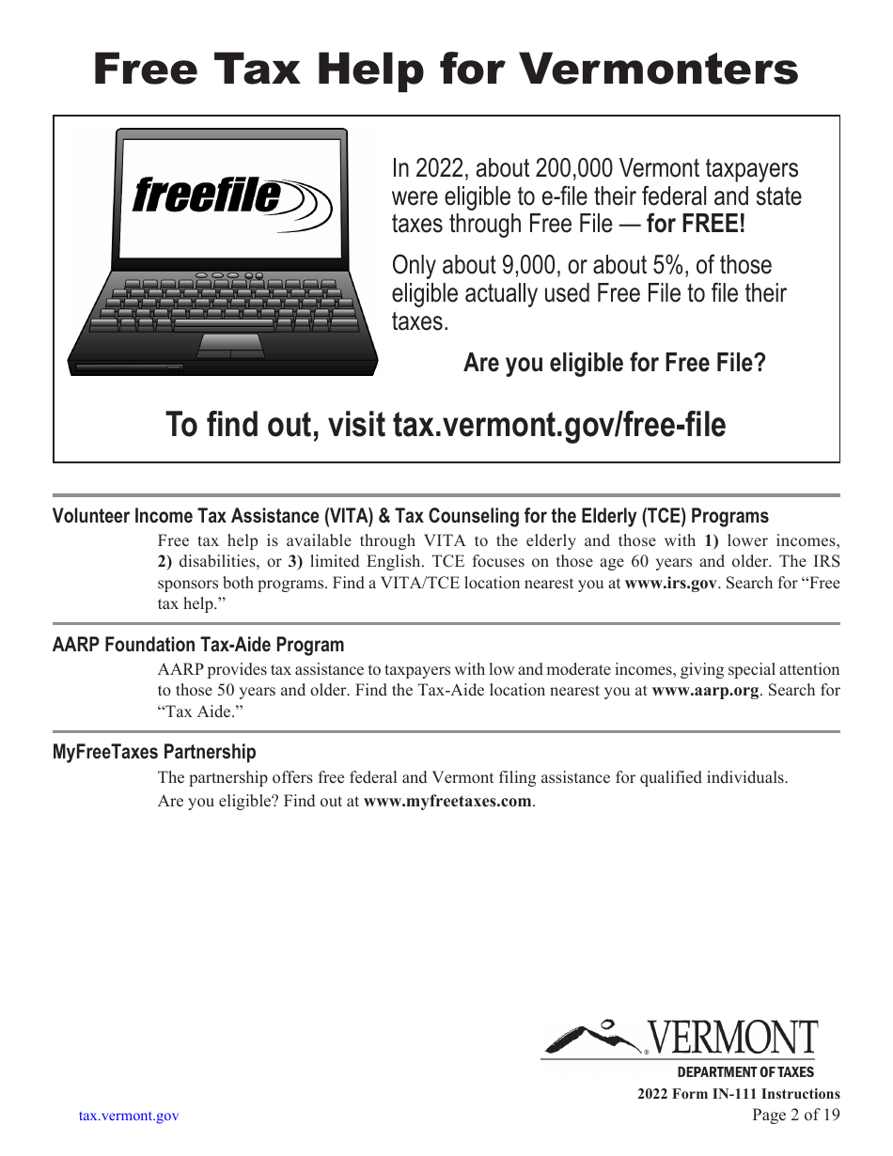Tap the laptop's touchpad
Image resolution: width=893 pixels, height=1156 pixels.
(x=229, y=345)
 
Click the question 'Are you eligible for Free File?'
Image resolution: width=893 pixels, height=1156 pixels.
(x=614, y=363)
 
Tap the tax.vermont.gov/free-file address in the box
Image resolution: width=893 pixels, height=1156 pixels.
(x=558, y=425)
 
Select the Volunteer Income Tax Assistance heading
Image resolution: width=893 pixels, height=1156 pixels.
(x=410, y=516)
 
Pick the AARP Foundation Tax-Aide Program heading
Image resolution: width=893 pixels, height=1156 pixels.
(x=198, y=645)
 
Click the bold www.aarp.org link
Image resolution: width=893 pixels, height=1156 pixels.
(x=705, y=690)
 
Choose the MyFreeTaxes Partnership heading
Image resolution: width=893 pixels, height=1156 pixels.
(x=154, y=752)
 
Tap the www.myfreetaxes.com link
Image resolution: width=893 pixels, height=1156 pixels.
(x=447, y=802)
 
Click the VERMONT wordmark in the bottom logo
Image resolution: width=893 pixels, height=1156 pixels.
(x=733, y=1039)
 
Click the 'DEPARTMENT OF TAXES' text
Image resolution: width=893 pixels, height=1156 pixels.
(x=745, y=1072)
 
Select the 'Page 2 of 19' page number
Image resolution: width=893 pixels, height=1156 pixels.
(x=795, y=1116)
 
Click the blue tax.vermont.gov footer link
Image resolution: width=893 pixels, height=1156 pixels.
(x=129, y=1117)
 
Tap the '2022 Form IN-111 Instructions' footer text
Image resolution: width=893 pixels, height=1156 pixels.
(x=738, y=1094)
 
